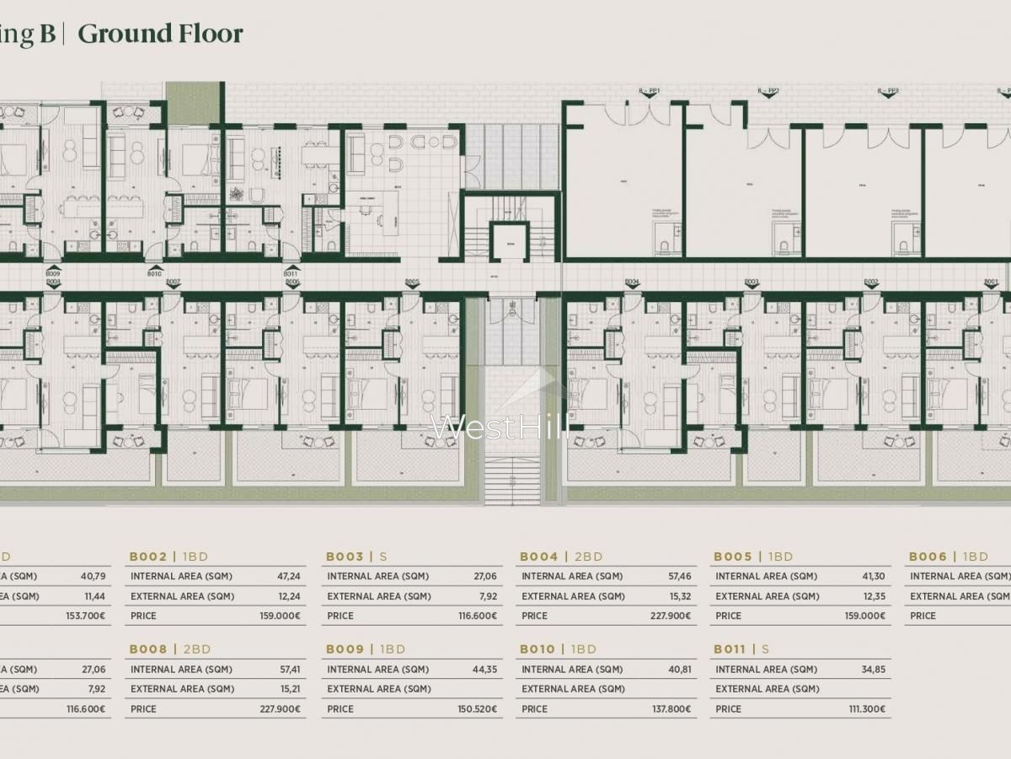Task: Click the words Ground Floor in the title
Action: point(160,34)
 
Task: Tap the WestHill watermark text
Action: point(500,427)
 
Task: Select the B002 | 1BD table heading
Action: point(168,557)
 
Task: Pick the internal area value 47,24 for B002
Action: point(288,577)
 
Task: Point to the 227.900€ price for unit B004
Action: point(669,616)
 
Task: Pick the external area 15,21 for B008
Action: point(288,689)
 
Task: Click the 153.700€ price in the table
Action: point(86,616)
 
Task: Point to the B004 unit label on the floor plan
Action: point(633,282)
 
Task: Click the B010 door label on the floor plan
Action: point(154,273)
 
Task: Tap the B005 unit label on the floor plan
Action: point(412,282)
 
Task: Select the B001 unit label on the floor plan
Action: point(991,282)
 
